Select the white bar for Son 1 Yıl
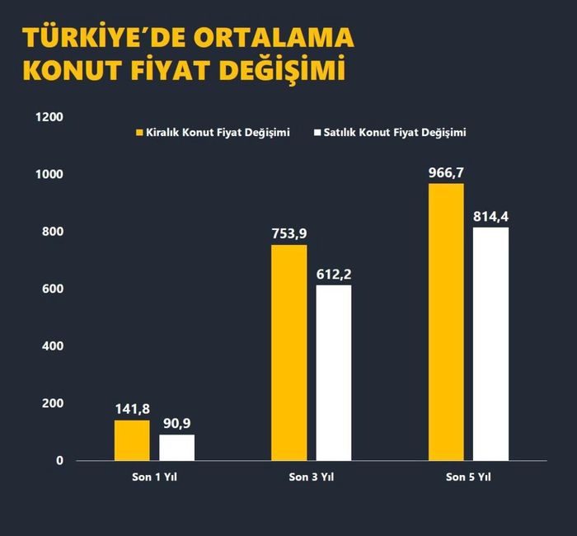coord(176,448)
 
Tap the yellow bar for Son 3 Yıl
coord(288,352)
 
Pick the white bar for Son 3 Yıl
coord(333,373)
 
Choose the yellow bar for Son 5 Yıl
coord(446,322)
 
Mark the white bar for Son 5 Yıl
coord(490,344)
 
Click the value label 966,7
coord(446,173)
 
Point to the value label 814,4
coord(490,217)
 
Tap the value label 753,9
coord(288,234)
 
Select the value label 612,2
coord(334,275)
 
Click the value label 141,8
coord(132,410)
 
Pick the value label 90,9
coord(176,424)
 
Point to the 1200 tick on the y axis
coord(49,117)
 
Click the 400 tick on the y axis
coord(54,346)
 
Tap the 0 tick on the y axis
coord(59,461)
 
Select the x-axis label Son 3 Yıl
coord(311,477)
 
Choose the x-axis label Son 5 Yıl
coord(468,477)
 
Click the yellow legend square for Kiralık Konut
coord(139,132)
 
